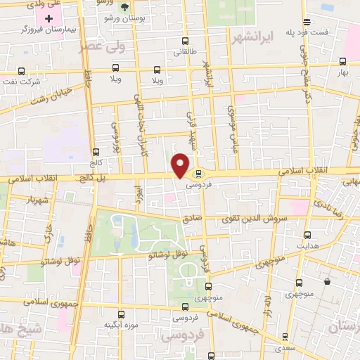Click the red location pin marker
(181, 165)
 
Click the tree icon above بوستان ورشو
(125, 8)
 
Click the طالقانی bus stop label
(185, 52)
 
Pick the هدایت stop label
(307, 246)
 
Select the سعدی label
(285, 348)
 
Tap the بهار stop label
(342, 72)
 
